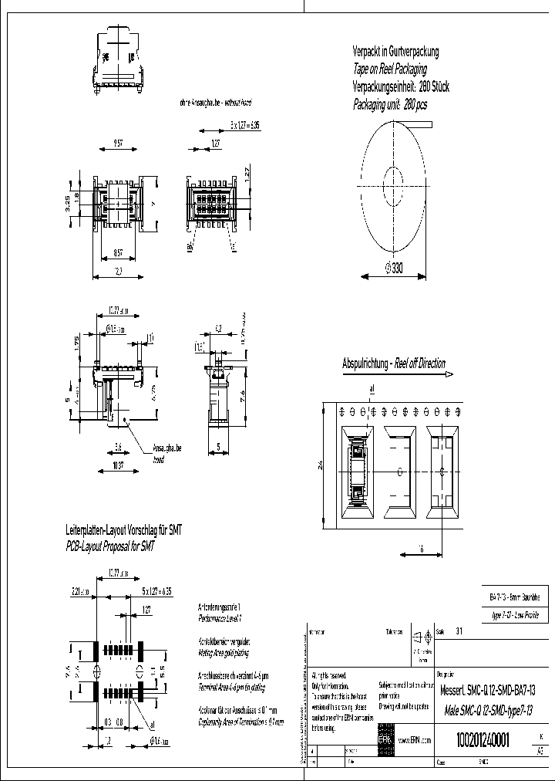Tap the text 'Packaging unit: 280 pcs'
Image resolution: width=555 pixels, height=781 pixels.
coord(389,103)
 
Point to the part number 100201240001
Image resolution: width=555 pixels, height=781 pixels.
coord(483,739)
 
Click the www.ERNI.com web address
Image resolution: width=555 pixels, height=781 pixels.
coord(414,739)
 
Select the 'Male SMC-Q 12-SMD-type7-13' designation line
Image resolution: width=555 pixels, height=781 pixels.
coord(487,710)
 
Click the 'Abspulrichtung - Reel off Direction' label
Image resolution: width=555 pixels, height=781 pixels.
coord(394,363)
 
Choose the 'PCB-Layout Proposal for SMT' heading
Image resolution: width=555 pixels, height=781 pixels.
coord(109,546)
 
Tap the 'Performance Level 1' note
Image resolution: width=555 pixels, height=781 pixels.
coord(220,618)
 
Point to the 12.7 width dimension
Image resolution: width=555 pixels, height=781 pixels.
coord(119,271)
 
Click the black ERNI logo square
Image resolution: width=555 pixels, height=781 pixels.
coord(384,738)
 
